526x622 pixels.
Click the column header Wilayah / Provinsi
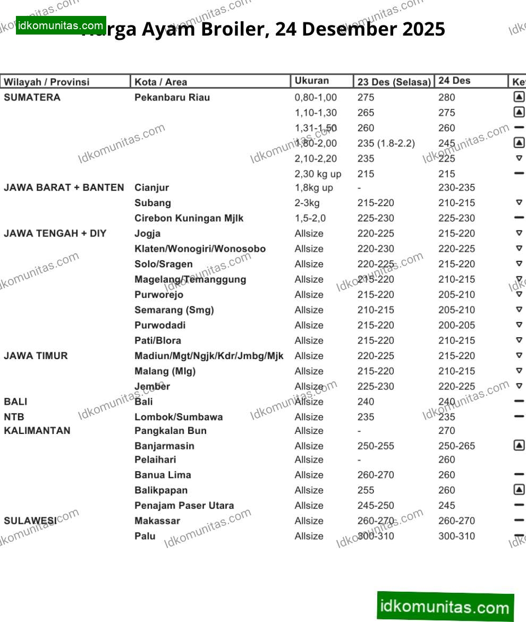coord(47,82)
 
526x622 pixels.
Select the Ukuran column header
coord(312,81)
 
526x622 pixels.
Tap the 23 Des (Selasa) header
coord(394,82)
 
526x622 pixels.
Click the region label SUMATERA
coord(32,97)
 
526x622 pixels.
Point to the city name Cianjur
coord(152,188)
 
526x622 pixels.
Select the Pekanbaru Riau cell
coord(172,97)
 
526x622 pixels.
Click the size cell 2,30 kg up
coord(318,174)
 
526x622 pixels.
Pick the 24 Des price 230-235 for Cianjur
coord(456,188)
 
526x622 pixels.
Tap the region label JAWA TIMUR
coord(36,356)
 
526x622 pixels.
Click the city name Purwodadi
coord(160,325)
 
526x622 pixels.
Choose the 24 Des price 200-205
coord(456,325)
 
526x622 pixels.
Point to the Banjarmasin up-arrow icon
coord(519,446)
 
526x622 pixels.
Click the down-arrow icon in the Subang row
coord(519,203)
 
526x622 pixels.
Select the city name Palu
coord(145,536)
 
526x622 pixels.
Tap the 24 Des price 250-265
coord(456,446)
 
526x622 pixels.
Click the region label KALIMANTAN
coord(37,430)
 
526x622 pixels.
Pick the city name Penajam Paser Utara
coord(184,505)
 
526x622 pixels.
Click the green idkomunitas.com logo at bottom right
coord(445,606)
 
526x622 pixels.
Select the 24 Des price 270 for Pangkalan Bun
coord(447,430)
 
